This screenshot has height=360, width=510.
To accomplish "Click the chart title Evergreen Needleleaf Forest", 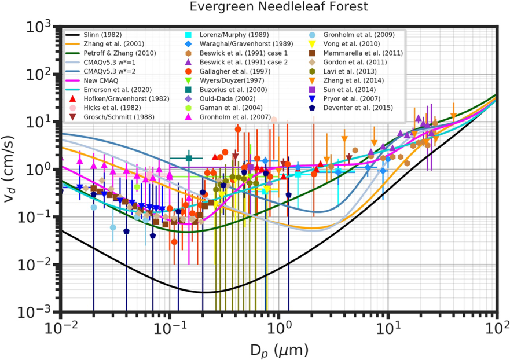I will (x=278, y=8).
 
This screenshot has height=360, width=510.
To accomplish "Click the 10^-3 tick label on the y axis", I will (x=44, y=312).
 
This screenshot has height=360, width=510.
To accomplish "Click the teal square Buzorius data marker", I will (x=188, y=158).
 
